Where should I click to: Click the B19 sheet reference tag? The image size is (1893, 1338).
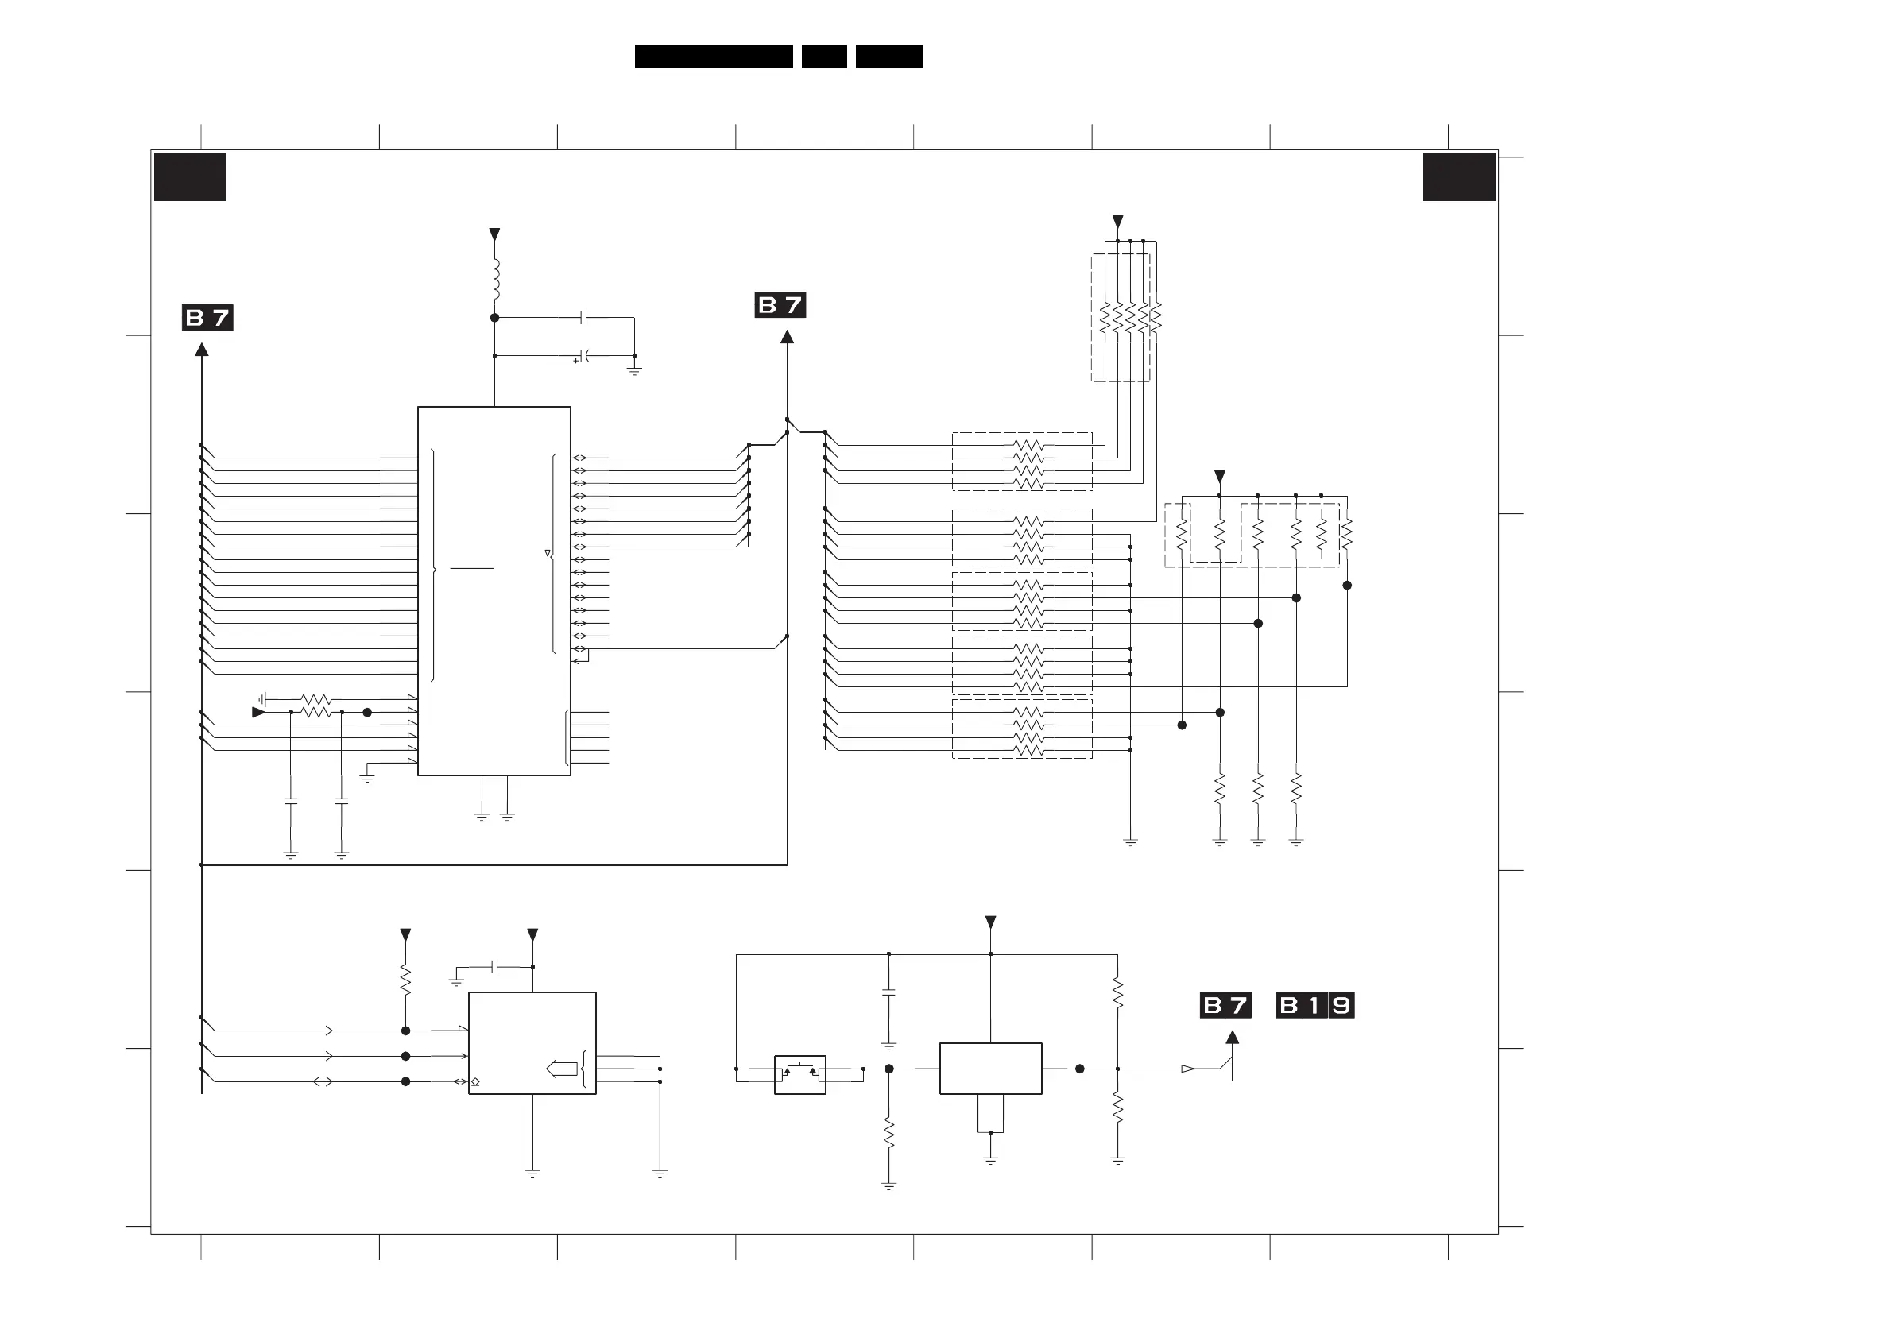(x=1315, y=1005)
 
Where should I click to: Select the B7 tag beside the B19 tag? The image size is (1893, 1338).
(x=1225, y=1005)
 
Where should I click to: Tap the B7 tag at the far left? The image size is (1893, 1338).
(x=207, y=317)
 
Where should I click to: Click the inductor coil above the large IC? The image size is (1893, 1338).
(x=496, y=280)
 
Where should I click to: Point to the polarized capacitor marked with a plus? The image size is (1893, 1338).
(x=584, y=356)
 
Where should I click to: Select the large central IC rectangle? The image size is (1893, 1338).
(x=494, y=590)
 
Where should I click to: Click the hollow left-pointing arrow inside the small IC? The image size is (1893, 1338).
(x=562, y=1069)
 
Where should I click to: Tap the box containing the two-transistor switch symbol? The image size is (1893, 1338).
(x=799, y=1074)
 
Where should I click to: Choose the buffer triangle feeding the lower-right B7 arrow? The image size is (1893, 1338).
(x=1187, y=1069)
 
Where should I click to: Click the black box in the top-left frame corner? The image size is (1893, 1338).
(x=190, y=176)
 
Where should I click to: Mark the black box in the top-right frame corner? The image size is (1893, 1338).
(x=1458, y=176)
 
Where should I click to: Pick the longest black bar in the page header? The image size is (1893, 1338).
(x=713, y=56)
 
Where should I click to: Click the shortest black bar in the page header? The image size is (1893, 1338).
(x=823, y=56)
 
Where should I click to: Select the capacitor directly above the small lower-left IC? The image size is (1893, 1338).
(x=494, y=966)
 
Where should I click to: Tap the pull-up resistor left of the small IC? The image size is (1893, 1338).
(x=405, y=980)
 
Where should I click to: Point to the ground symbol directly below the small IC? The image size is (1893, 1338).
(x=532, y=1173)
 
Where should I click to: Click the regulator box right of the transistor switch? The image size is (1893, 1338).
(x=990, y=1069)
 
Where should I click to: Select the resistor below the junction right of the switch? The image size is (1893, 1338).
(x=888, y=1135)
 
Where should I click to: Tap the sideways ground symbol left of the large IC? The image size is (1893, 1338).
(x=261, y=699)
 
